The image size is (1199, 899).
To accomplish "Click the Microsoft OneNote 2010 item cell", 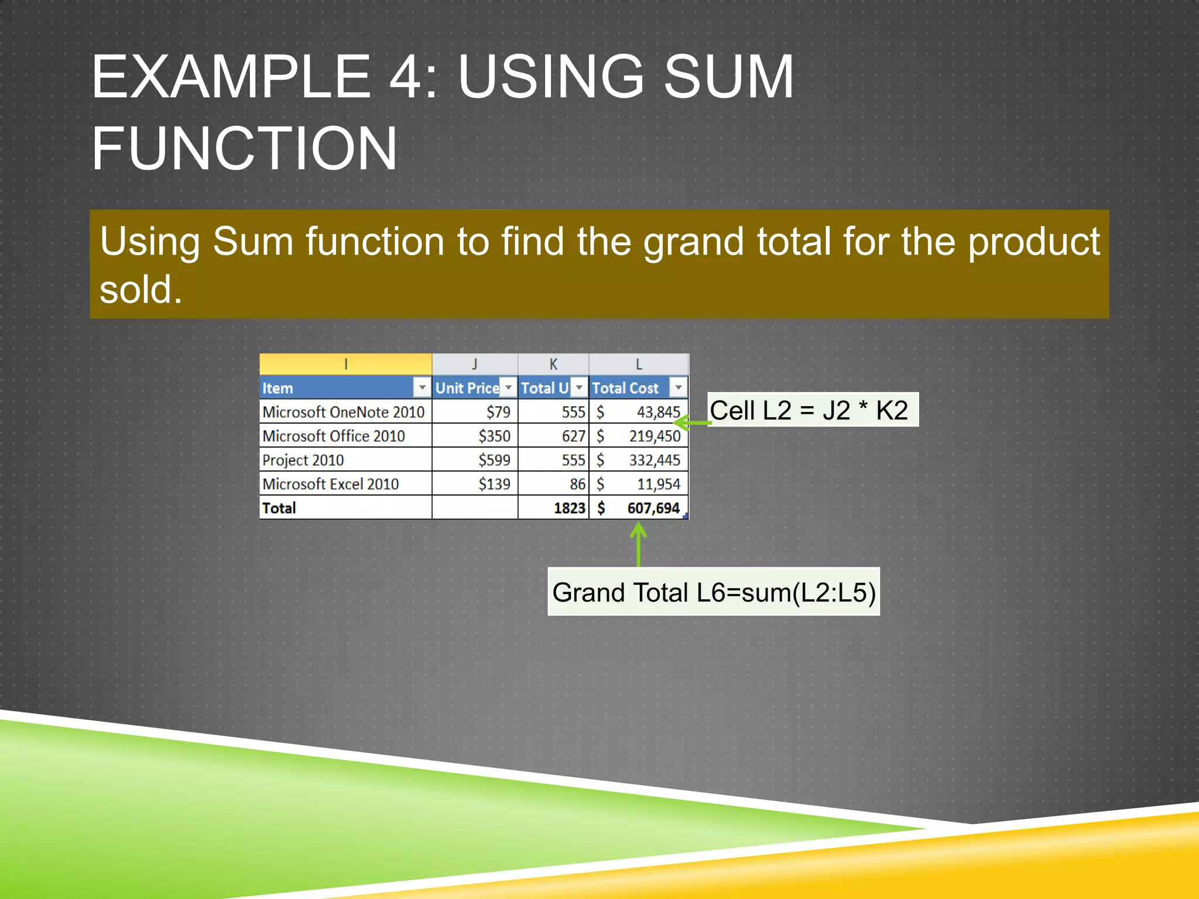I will [344, 412].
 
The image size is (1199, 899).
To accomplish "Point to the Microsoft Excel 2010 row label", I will [331, 484].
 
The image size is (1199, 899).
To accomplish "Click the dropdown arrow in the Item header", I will [422, 387].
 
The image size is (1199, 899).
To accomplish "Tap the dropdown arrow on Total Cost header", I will [678, 387].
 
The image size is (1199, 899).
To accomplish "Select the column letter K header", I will [553, 364].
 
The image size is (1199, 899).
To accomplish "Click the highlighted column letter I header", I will [346, 364].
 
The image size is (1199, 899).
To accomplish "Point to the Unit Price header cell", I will [467, 388].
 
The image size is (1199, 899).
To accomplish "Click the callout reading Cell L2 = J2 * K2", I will [811, 410].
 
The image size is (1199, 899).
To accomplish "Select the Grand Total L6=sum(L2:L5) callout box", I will [713, 592].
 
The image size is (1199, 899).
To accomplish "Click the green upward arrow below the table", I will [638, 544].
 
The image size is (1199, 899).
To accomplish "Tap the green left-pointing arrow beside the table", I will [691, 422].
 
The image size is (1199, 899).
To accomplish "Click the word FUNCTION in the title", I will [245, 149].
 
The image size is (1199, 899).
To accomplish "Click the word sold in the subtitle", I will [141, 289].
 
